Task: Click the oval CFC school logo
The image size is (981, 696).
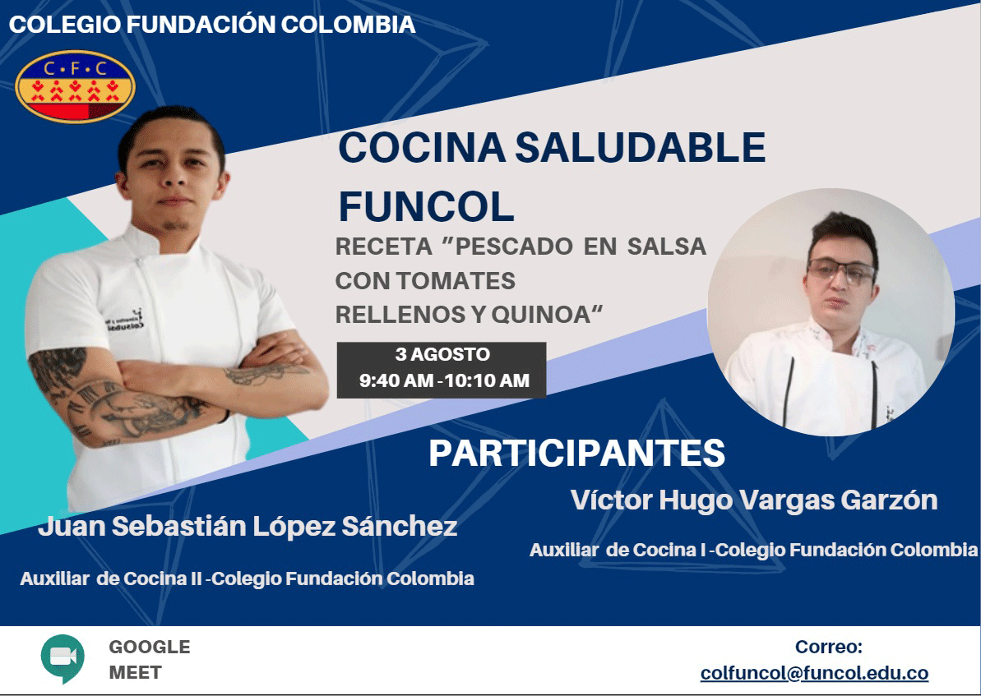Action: [75, 86]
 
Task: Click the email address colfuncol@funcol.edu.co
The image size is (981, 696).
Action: [814, 673]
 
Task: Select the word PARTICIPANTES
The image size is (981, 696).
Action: [576, 454]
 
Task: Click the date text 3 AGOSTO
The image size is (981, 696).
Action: [442, 354]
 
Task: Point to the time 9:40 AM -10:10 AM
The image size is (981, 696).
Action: [444, 380]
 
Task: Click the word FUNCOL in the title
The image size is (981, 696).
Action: [426, 206]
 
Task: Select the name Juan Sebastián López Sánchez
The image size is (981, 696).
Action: [248, 527]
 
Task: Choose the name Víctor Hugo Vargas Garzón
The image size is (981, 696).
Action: [754, 500]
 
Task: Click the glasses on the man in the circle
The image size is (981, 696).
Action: [841, 272]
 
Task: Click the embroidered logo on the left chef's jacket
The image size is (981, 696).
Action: [125, 320]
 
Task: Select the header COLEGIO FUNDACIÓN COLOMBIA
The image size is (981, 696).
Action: [212, 25]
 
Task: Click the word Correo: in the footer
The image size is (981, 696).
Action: [828, 647]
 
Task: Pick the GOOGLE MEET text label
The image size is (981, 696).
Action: [150, 660]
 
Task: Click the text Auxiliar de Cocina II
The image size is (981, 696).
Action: [111, 579]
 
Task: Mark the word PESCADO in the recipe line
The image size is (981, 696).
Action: [514, 247]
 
